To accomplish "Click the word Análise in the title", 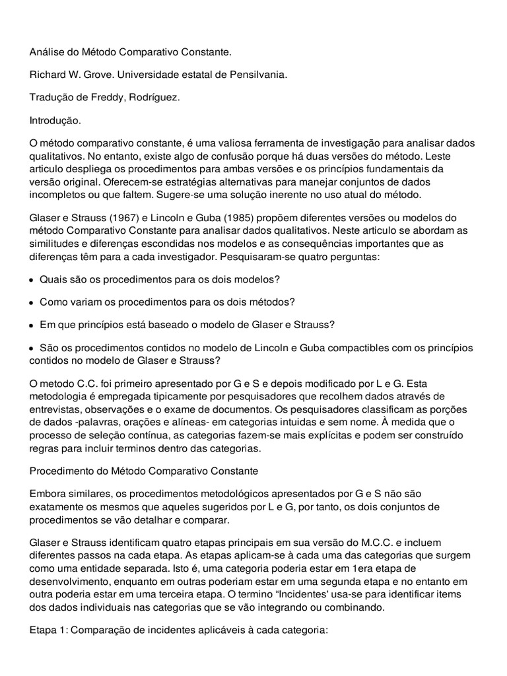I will pos(46,51).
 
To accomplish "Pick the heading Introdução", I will pos(55,121).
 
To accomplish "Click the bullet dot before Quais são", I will pos(32,280).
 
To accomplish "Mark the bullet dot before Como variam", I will pos(32,302).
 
